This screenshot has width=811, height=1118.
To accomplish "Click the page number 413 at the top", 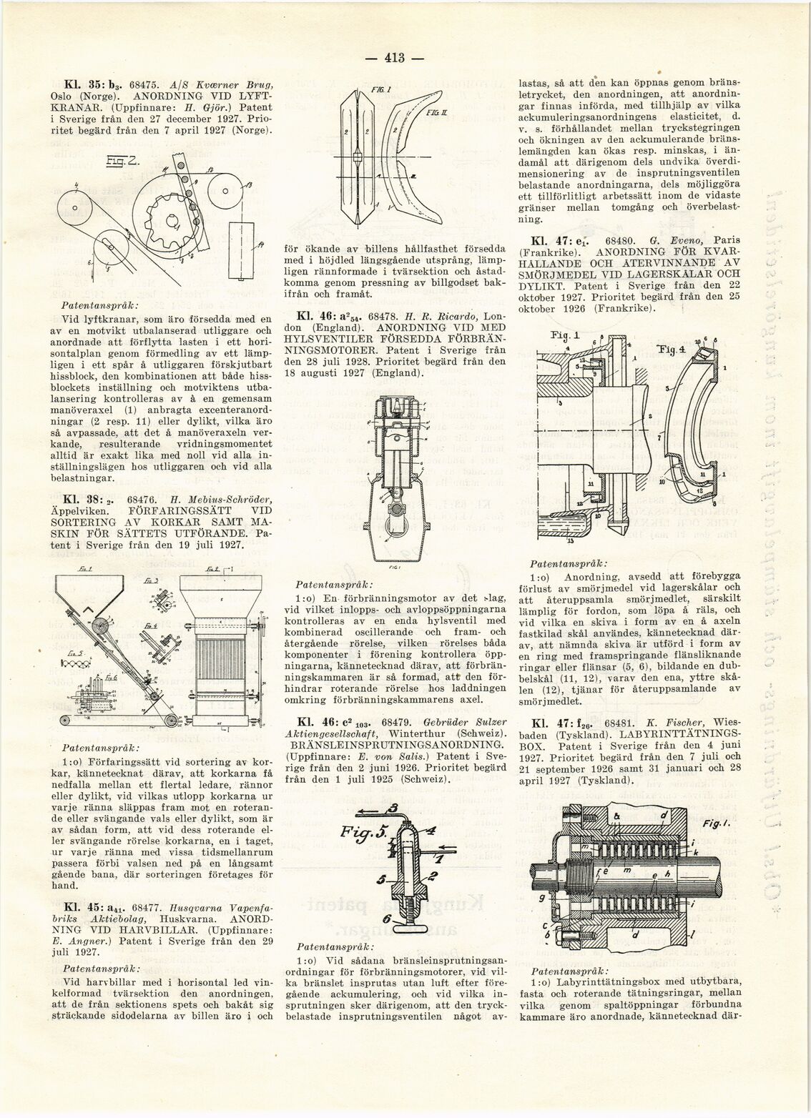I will pos(394,58).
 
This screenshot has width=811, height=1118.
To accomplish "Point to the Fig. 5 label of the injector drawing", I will pos(363,833).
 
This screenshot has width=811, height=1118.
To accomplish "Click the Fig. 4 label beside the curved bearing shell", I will pos(671,350).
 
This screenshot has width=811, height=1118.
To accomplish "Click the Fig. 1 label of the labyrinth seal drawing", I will pos(715,824).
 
